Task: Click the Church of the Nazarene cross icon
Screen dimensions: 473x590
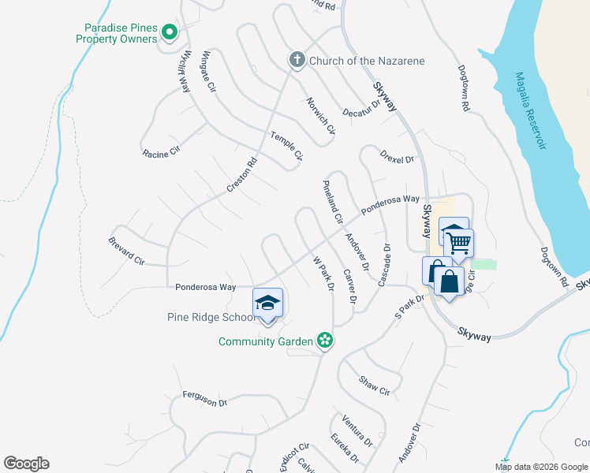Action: pos(297,61)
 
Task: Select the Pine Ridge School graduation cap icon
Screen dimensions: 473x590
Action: pos(267,303)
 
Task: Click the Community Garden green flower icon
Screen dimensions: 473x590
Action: pos(324,341)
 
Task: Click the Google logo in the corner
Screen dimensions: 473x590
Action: pos(26,464)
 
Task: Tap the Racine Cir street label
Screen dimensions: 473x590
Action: pos(162,153)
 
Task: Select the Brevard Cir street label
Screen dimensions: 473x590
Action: pos(127,250)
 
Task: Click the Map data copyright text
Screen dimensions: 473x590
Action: pos(541,467)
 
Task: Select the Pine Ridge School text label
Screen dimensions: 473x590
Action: pos(211,318)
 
